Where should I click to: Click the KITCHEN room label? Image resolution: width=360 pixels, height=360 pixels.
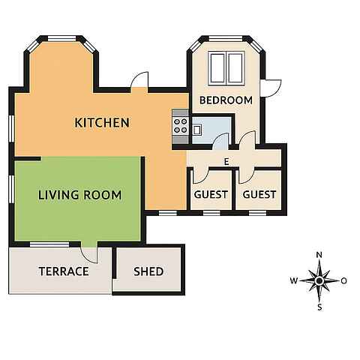tap(102, 122)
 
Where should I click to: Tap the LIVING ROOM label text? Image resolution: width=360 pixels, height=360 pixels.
tap(79, 195)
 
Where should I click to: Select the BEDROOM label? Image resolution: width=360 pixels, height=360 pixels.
tap(226, 100)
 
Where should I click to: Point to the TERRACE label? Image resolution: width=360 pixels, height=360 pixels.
tap(64, 271)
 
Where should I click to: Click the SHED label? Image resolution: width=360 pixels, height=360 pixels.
tap(148, 271)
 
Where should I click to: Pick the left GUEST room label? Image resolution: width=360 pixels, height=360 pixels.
tap(211, 194)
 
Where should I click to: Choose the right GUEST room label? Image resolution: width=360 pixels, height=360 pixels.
tap(259, 194)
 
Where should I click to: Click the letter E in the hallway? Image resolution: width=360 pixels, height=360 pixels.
tap(226, 162)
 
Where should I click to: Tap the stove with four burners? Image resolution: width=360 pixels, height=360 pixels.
tap(181, 126)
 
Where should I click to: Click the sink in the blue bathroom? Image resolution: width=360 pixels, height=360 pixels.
tap(196, 130)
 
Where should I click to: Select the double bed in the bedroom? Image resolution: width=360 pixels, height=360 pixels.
tap(226, 68)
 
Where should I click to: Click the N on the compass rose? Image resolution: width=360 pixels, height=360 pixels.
tap(319, 255)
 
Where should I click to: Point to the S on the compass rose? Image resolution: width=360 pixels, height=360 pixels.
tap(319, 307)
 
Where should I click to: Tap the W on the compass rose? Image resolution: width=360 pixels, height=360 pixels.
tap(294, 280)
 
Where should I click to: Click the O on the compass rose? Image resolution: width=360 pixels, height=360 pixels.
tap(344, 281)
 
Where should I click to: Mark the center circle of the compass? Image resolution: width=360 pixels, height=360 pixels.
tap(319, 281)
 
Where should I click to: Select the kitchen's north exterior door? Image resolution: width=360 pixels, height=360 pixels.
tap(139, 80)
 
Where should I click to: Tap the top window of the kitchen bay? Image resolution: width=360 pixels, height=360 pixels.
tap(61, 38)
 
